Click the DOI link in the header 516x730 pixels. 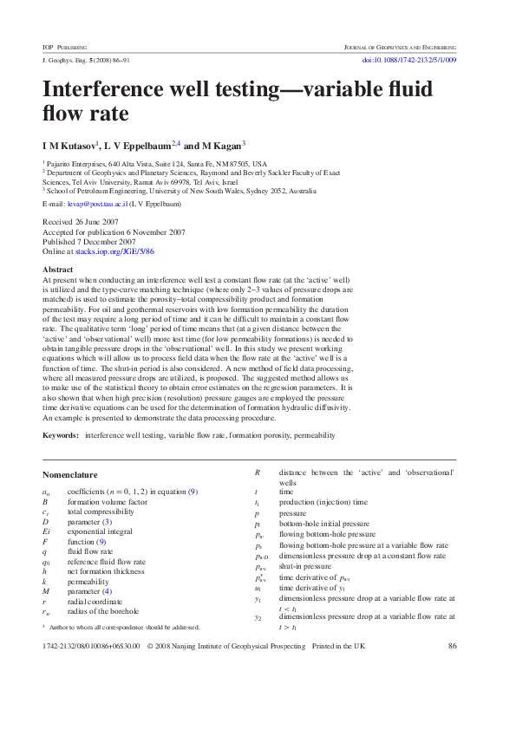(x=408, y=60)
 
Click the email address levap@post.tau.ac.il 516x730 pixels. (x=97, y=204)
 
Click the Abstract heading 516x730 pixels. (x=58, y=270)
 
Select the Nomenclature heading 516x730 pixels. (x=70, y=474)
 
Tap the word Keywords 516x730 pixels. (x=61, y=434)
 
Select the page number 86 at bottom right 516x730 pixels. (x=452, y=670)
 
